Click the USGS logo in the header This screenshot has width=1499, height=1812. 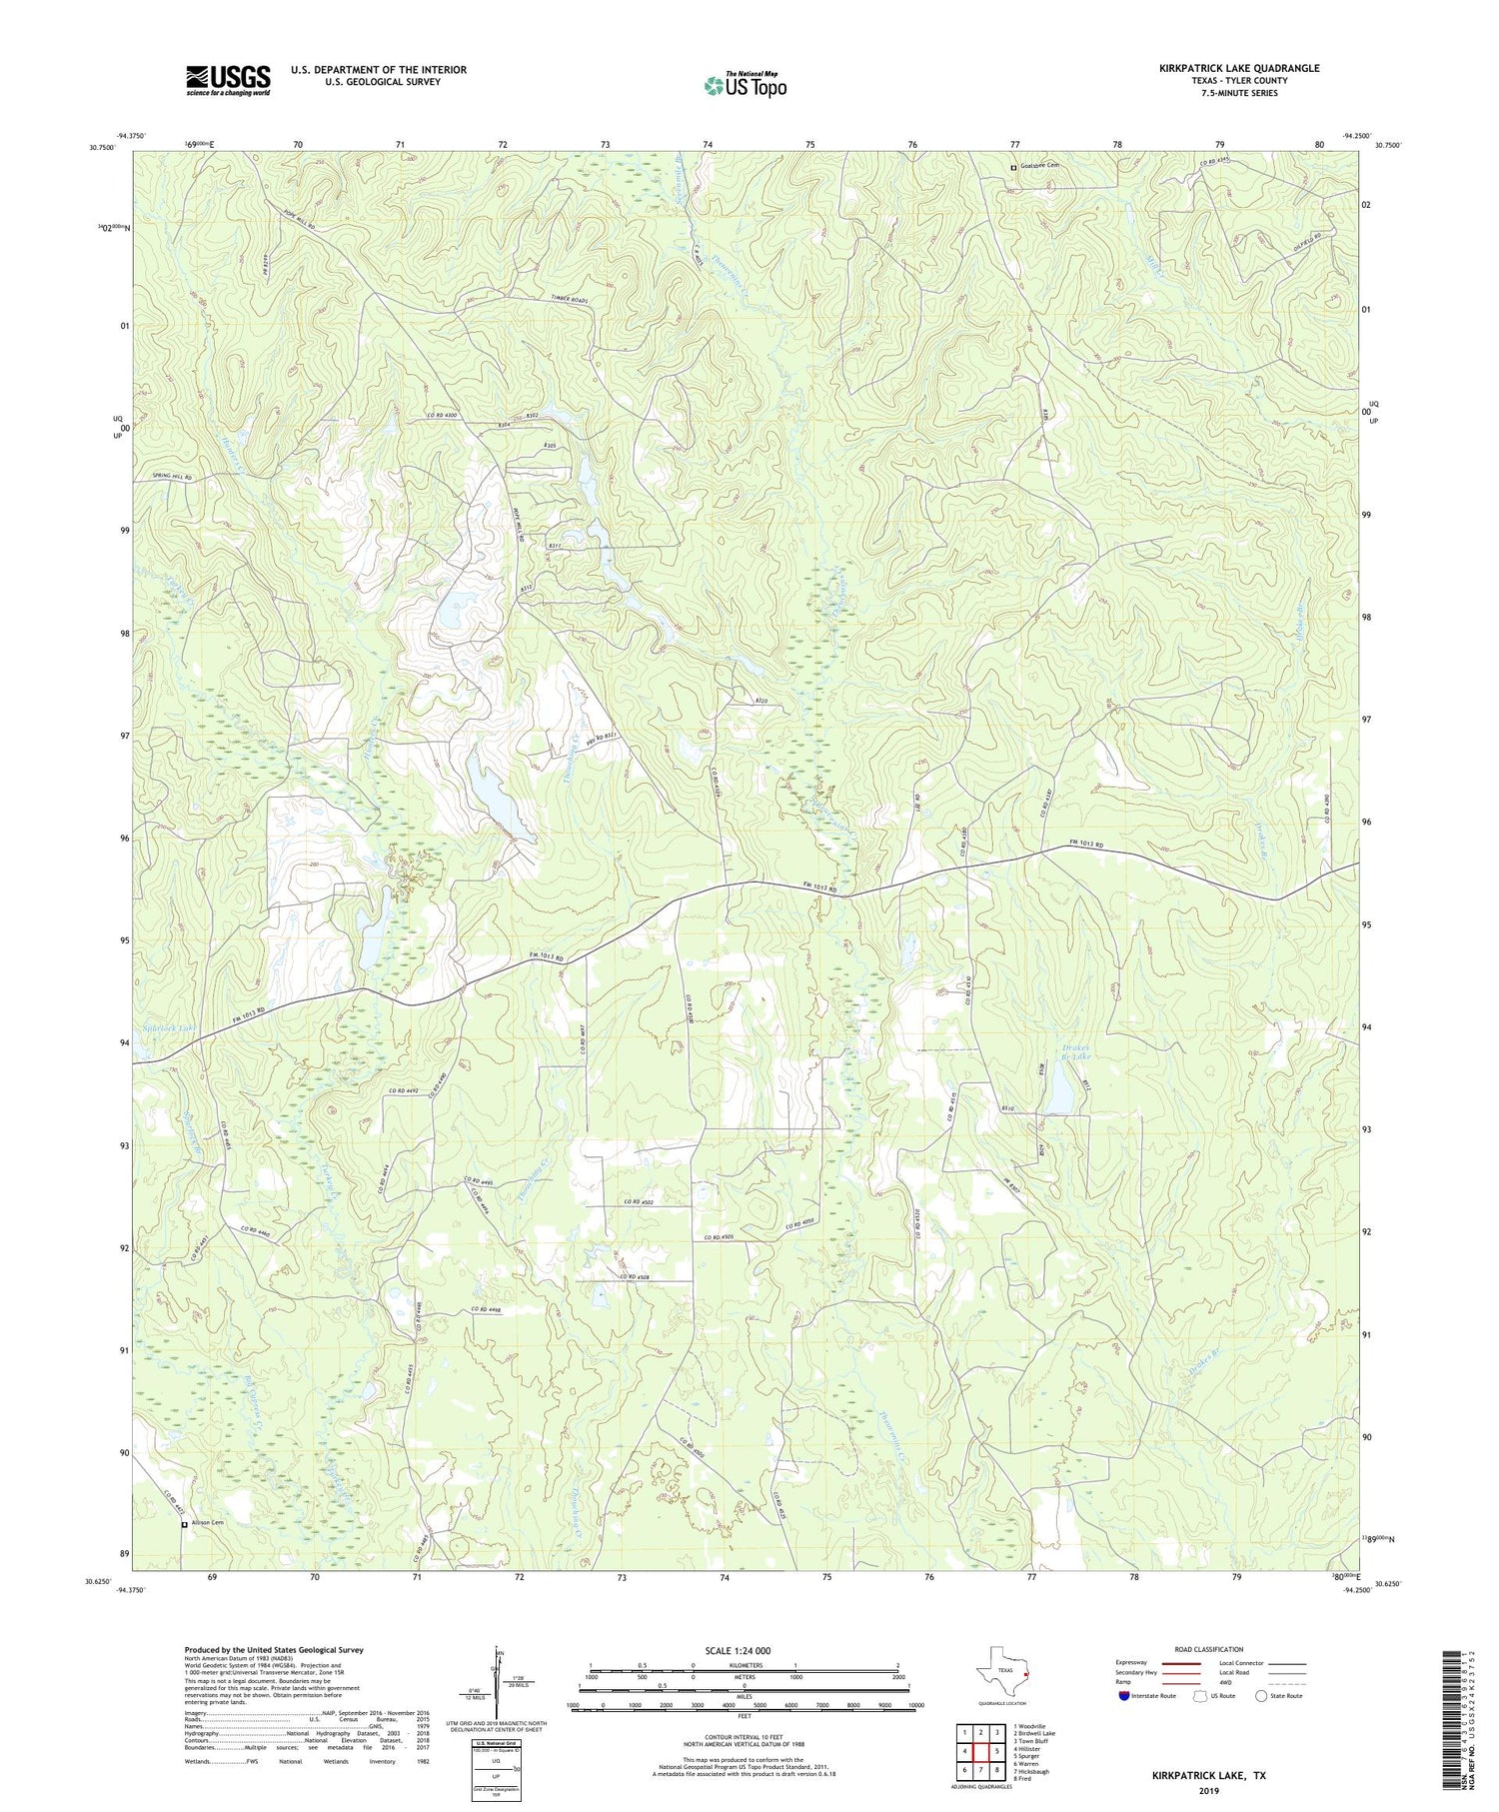(228, 80)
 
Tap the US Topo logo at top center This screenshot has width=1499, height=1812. (745, 85)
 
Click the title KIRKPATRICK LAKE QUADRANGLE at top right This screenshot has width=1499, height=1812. (1239, 68)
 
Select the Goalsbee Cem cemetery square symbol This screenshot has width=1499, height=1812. (1012, 168)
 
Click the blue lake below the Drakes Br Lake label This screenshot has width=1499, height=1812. (1061, 1096)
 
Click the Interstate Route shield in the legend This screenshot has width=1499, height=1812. (1125, 1696)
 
